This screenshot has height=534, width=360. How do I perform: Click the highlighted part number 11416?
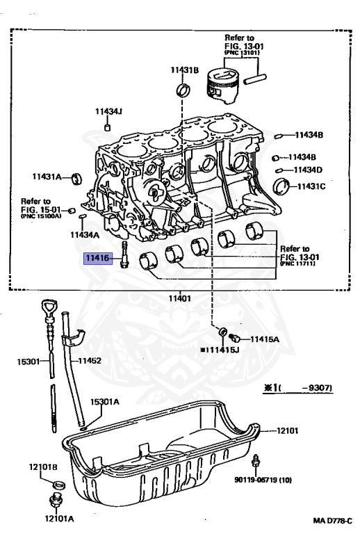tap(98, 258)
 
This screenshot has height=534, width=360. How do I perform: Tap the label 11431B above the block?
tap(184, 70)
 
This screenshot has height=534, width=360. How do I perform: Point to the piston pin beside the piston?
tap(255, 79)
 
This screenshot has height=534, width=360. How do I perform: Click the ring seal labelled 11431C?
tap(281, 186)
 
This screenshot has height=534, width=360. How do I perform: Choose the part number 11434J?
tap(108, 111)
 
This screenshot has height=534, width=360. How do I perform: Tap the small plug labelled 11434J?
tap(108, 128)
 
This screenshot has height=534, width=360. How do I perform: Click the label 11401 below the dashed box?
tap(180, 299)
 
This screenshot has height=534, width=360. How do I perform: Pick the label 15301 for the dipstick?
tap(28, 361)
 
